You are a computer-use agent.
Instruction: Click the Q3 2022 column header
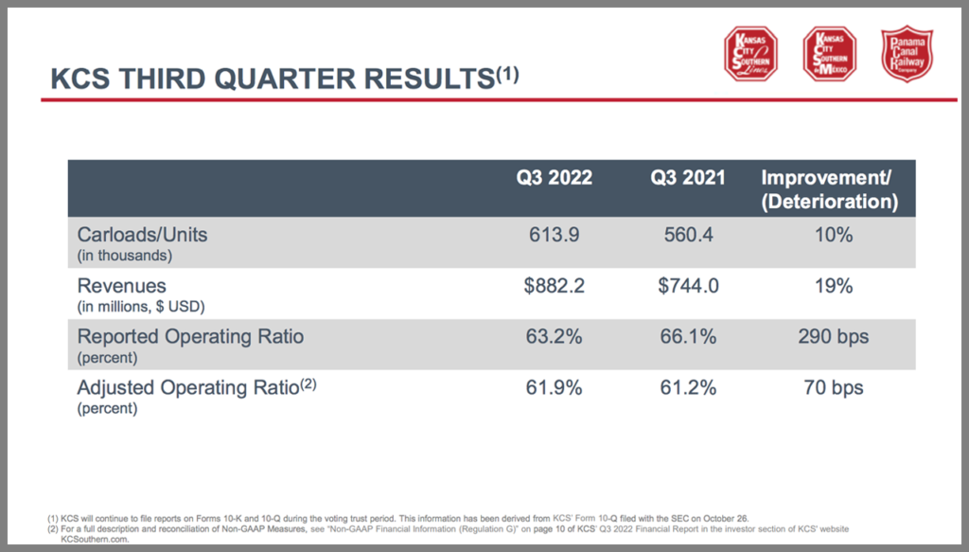pyautogui.click(x=554, y=178)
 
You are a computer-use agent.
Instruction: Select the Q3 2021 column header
pyautogui.click(x=687, y=178)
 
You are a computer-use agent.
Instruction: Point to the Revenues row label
pyautogui.click(x=122, y=286)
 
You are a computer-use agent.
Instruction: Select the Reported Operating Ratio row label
pyautogui.click(x=190, y=336)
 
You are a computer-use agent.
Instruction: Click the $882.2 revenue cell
pyautogui.click(x=555, y=286)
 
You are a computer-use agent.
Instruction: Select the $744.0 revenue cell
pyautogui.click(x=687, y=286)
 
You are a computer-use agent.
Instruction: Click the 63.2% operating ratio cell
pyautogui.click(x=555, y=336)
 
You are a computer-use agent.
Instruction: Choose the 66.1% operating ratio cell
pyautogui.click(x=687, y=336)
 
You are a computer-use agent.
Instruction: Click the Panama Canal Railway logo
pyautogui.click(x=907, y=54)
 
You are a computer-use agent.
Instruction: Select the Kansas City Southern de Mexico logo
pyautogui.click(x=829, y=54)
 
